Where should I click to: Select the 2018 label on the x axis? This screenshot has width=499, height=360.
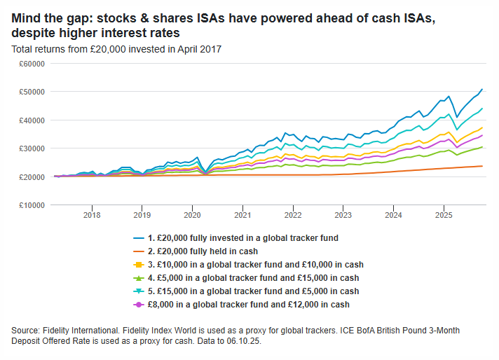pos(92,215)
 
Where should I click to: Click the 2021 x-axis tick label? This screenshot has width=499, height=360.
pos(242,215)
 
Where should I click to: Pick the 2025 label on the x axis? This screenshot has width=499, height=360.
pos(443,215)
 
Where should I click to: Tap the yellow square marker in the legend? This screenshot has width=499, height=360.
pos(139,264)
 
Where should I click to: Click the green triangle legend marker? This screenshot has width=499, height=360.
pos(139,277)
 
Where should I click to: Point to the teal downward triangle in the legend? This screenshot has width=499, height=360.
pos(139,291)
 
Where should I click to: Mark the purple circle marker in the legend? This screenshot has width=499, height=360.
pos(139,304)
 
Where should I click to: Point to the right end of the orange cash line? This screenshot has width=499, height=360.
pos(481,166)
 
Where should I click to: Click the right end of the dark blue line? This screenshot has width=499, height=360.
pos(482,89)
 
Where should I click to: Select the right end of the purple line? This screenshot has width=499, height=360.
pos(482,135)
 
